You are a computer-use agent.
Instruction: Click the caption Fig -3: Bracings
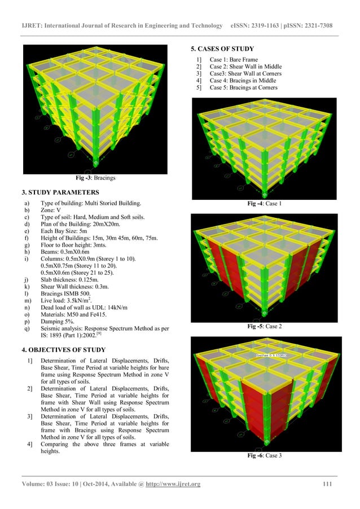pos(96,178)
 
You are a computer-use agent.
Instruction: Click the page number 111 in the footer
pos(326,484)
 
